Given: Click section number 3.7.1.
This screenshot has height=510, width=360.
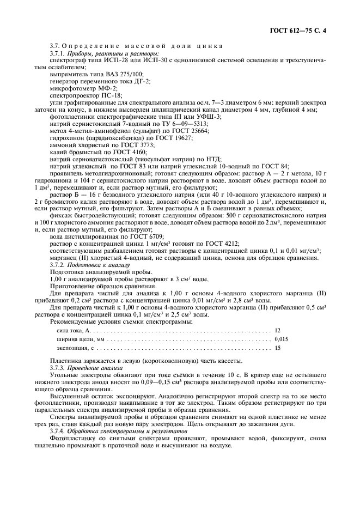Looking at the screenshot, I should [57, 54].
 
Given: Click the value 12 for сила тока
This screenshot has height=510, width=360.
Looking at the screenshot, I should [278, 330].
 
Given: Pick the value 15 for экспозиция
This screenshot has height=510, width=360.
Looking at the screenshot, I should [278, 348].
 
